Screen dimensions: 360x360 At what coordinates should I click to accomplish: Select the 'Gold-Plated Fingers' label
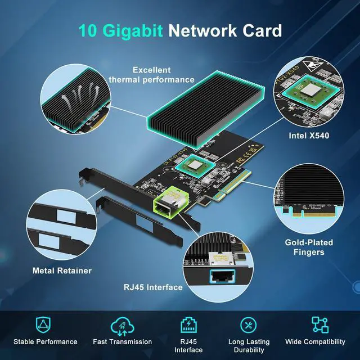tap(308, 247)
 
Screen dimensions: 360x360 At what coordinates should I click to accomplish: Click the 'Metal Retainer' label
tap(62, 271)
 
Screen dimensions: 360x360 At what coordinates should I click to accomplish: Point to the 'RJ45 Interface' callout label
tap(153, 287)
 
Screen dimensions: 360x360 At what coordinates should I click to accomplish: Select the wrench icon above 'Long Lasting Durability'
tap(249, 325)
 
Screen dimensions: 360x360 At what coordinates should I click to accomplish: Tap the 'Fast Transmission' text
tap(122, 341)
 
